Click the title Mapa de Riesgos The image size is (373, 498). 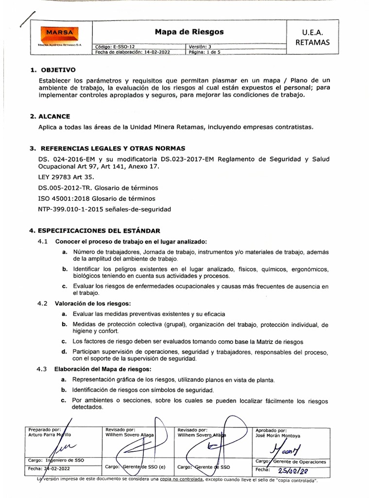[x=189, y=32]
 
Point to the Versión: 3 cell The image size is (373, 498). [x=200, y=47]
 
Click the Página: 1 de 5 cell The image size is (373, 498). [x=204, y=52]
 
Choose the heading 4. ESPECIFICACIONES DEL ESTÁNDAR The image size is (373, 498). [x=95, y=231]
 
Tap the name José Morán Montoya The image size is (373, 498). [x=278, y=436]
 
